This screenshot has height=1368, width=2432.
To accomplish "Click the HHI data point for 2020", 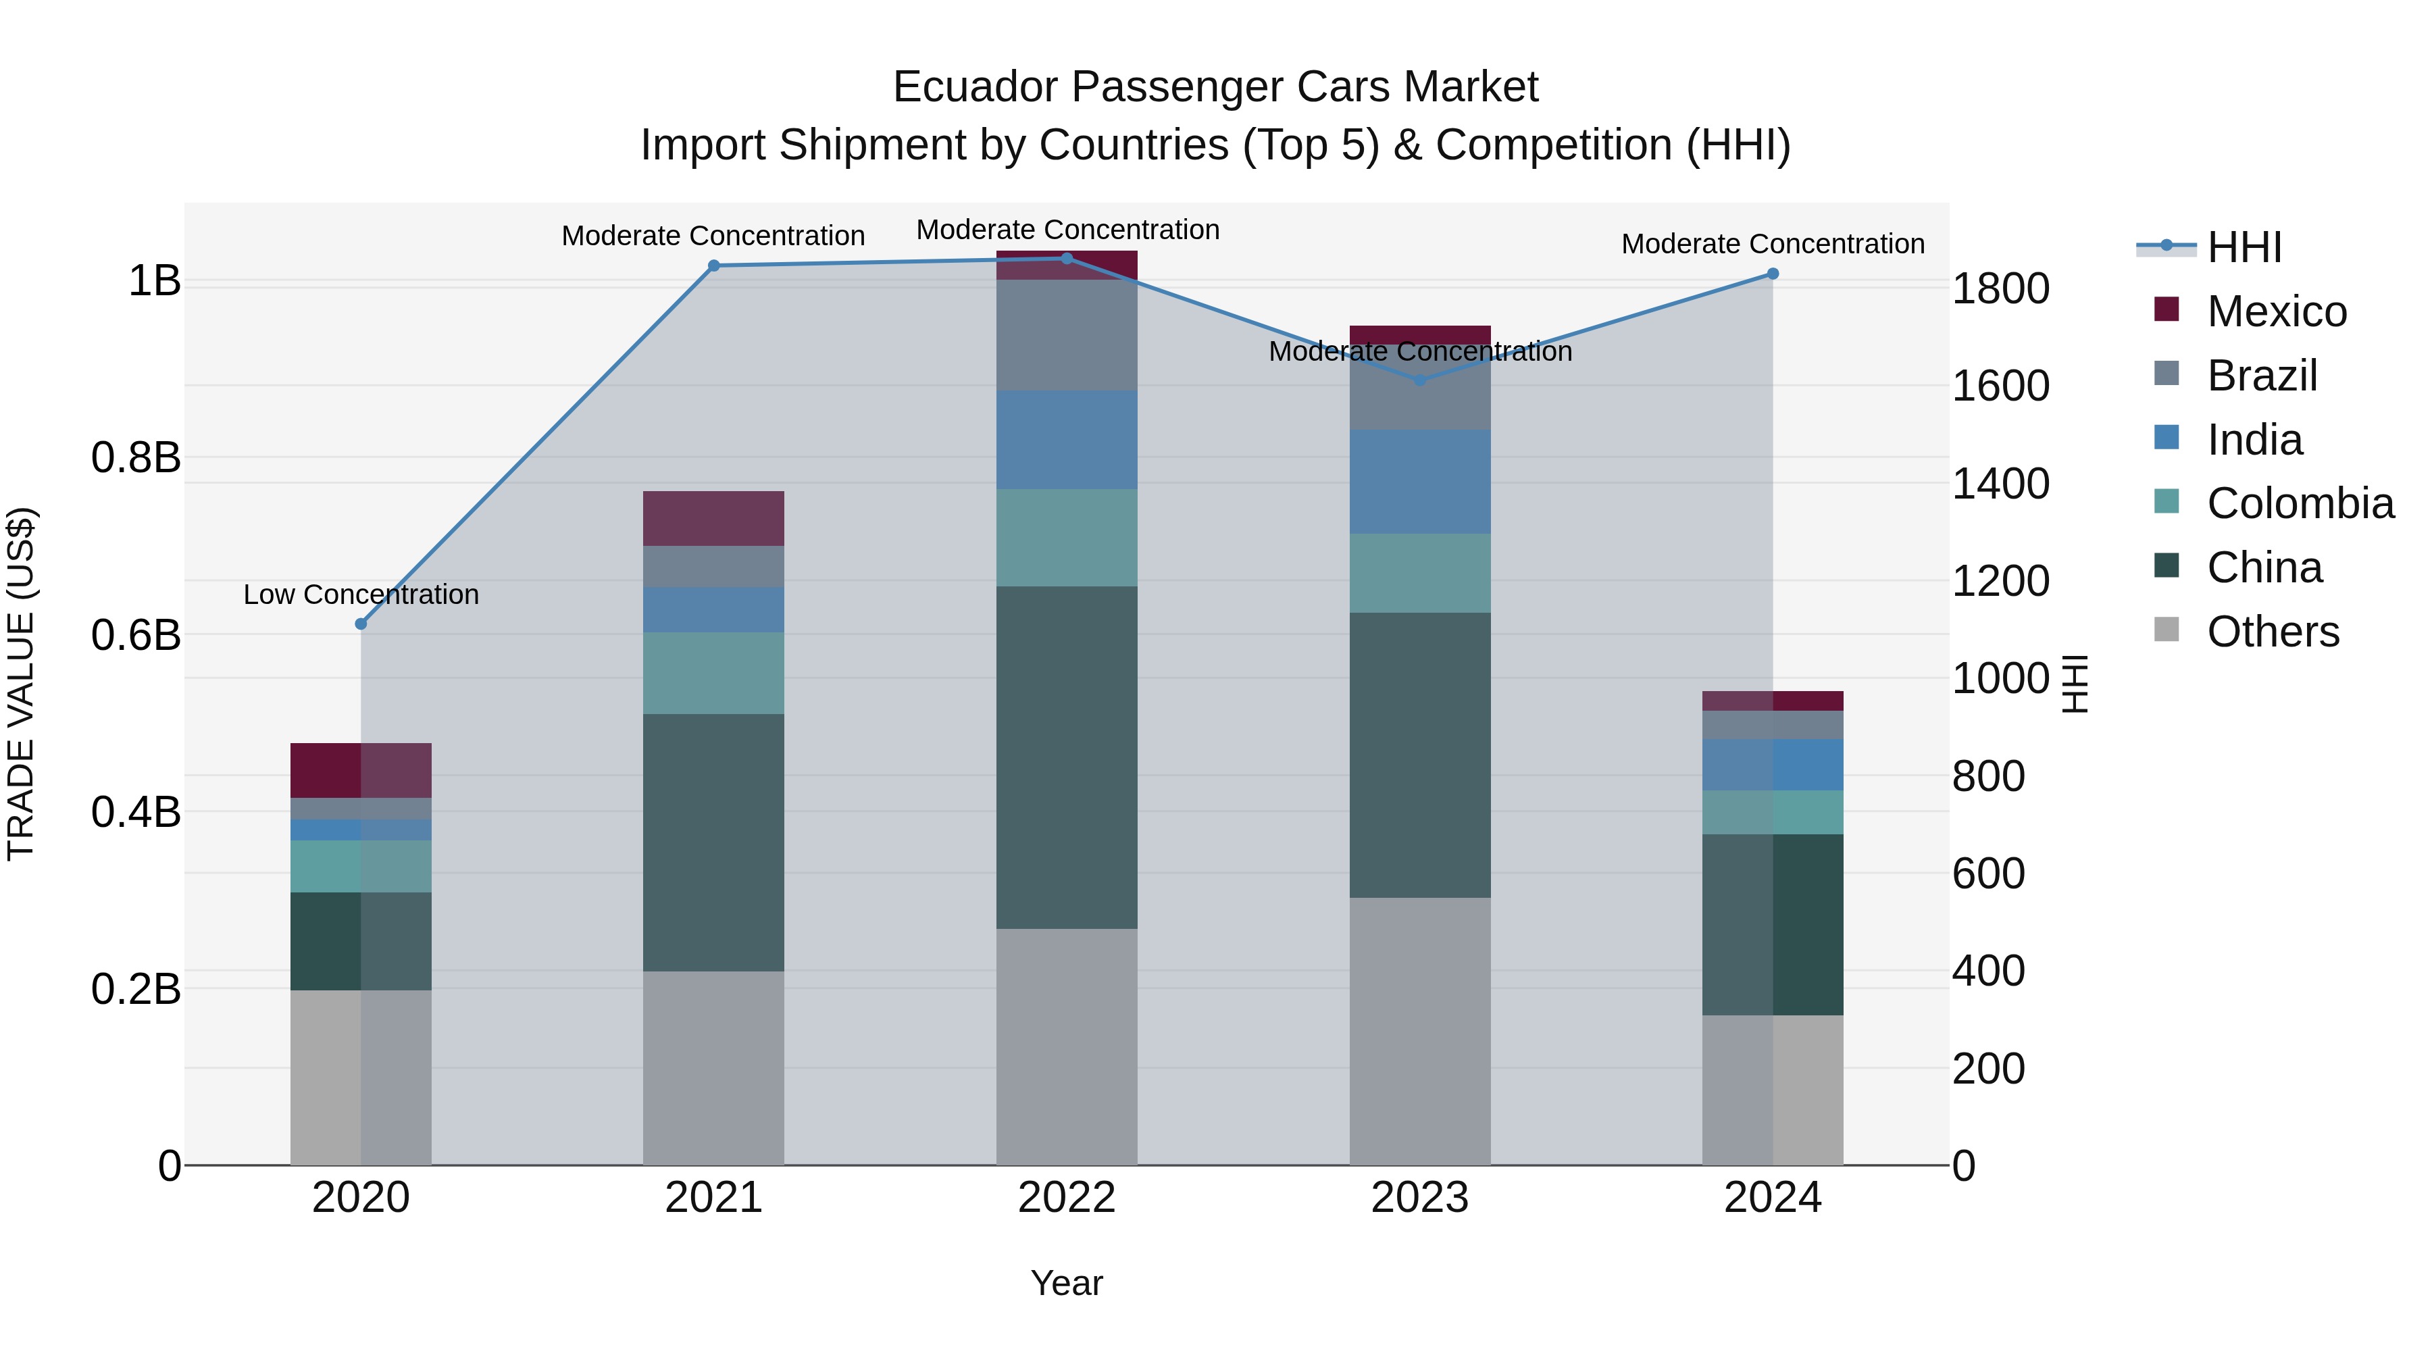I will [x=361, y=624].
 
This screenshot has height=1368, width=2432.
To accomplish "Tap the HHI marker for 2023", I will [x=1420, y=380].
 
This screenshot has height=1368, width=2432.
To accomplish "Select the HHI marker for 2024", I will [x=1773, y=274].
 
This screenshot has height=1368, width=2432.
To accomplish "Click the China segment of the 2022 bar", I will [x=1067, y=757].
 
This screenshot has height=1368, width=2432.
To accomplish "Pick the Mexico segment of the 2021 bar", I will [x=714, y=518].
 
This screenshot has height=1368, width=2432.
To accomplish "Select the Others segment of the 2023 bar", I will [x=1420, y=1031].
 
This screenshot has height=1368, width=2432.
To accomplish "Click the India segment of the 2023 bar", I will [x=1420, y=482].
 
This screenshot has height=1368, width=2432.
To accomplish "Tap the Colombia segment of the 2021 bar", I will [x=714, y=672].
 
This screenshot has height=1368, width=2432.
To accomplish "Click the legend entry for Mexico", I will [x=2276, y=311].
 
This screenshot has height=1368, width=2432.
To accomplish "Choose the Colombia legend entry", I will [x=2300, y=503].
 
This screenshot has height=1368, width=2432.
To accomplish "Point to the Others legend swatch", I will [x=2167, y=630].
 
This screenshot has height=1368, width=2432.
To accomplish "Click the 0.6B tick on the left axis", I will [x=136, y=636].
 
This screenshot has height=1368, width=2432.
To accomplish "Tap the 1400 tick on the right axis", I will [x=2000, y=484].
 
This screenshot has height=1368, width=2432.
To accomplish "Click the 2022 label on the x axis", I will [x=1067, y=1198].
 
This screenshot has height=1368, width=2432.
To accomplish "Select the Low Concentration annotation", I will [x=361, y=594].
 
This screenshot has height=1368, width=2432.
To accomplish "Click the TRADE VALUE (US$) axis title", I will [x=21, y=684].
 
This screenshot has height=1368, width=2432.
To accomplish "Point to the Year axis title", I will [x=1067, y=1283].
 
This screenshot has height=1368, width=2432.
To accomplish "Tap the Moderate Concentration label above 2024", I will [x=1773, y=244].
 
